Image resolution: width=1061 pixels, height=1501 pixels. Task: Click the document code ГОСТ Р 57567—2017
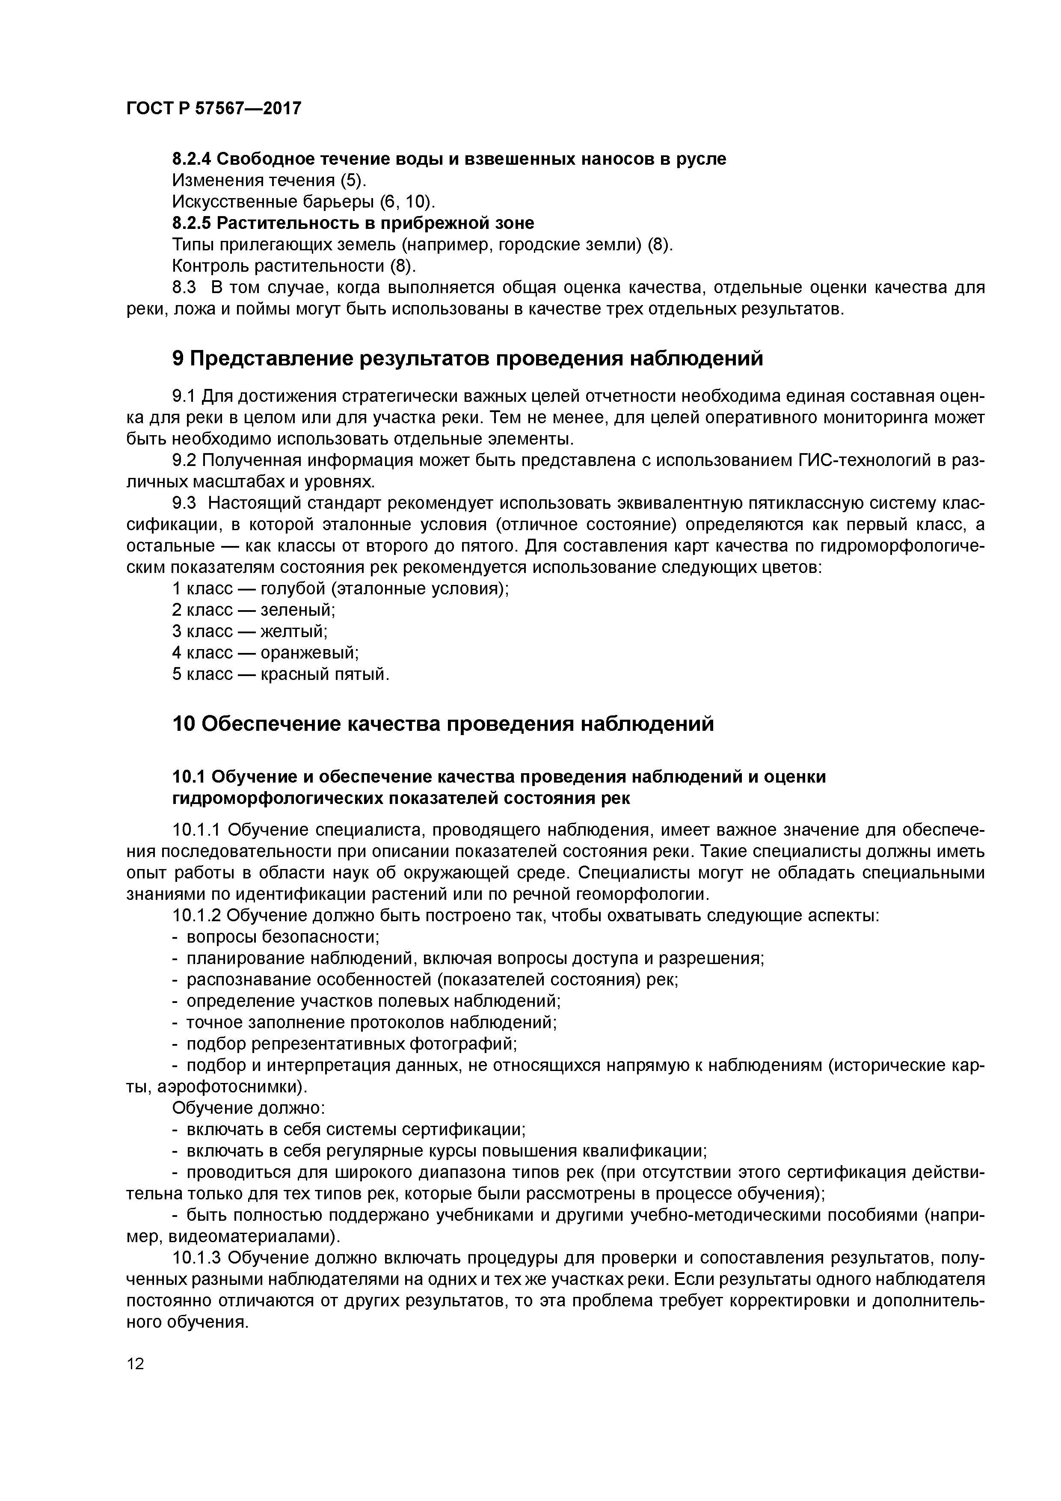[214, 109]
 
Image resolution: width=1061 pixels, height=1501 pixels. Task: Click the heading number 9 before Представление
[178, 359]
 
